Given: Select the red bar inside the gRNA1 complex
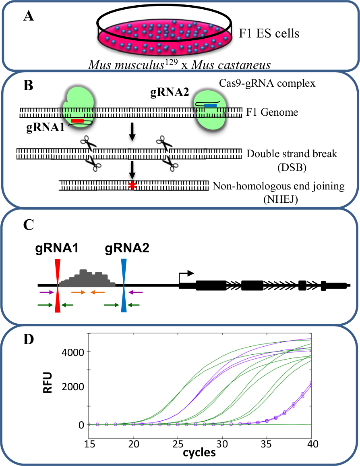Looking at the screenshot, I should pos(77,121).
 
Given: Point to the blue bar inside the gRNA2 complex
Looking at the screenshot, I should pos(210,106).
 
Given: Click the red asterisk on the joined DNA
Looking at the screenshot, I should pos(131,186).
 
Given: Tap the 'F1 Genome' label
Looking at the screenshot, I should pos(272,112).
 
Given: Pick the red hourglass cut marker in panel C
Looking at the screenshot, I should pos(58,285).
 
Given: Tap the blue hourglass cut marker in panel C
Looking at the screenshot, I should pos(124,285).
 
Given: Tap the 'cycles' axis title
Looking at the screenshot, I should pos(199,453).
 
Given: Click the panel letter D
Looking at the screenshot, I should pos(29,340).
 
